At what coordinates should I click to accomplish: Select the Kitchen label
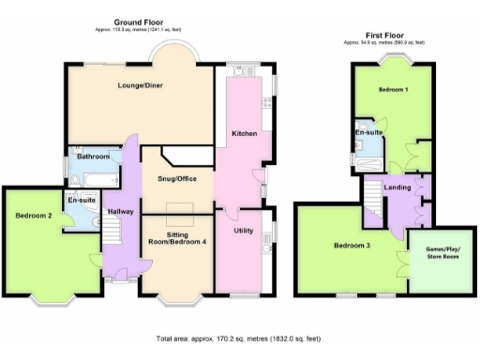coord(245,134)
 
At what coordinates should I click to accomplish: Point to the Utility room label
coord(244,230)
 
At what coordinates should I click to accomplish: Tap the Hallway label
coord(120,212)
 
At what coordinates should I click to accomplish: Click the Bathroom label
coord(93,157)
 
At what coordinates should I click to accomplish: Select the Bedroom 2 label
coord(33,217)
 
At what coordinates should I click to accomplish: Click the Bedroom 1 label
coord(392,90)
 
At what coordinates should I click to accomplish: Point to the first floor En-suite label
coord(367,133)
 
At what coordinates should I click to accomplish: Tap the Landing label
coord(398,187)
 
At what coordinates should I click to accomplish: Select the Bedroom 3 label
coord(352,246)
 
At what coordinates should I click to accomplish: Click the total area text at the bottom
coord(239,337)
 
